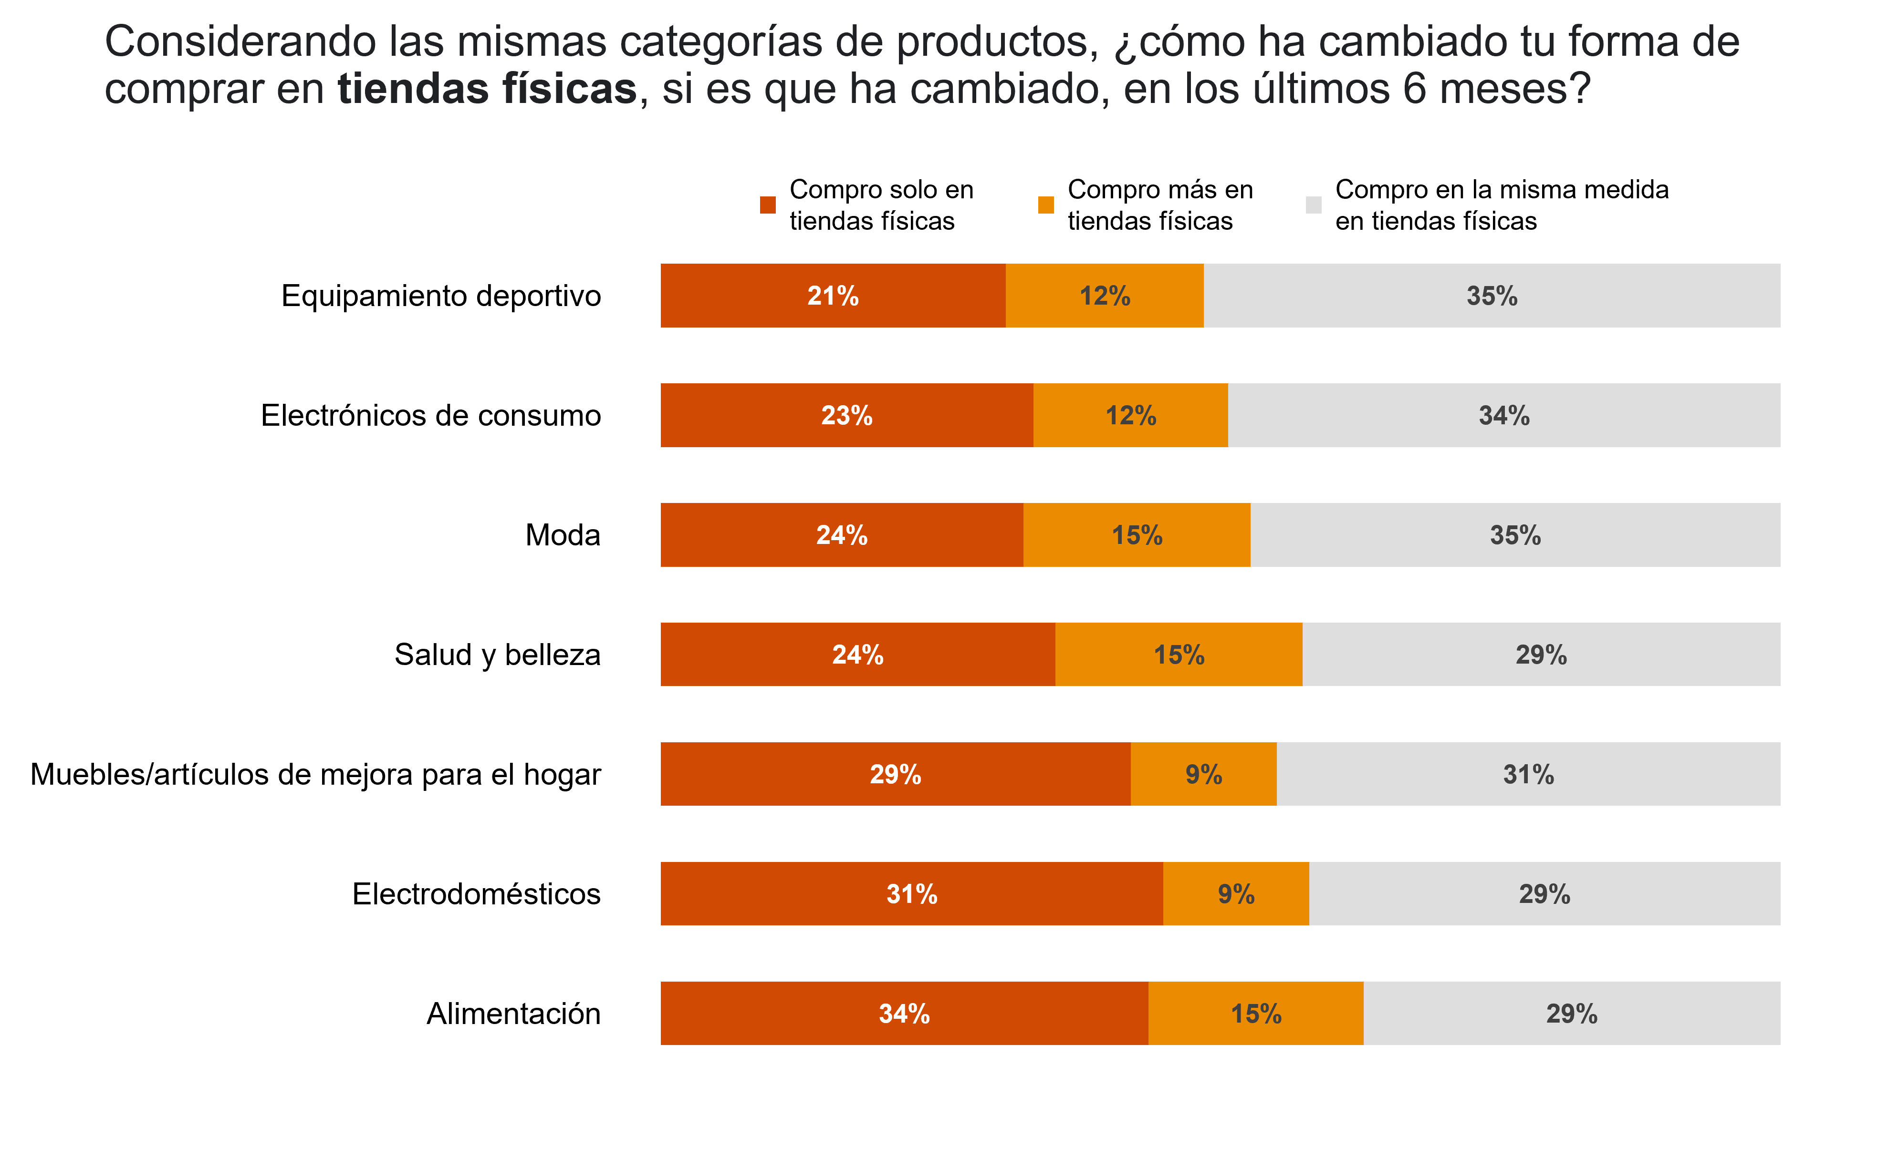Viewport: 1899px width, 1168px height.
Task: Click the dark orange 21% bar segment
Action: [x=833, y=296]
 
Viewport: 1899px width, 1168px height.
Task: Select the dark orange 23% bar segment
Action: [x=846, y=416]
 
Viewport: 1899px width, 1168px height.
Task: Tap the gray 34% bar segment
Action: [x=1503, y=416]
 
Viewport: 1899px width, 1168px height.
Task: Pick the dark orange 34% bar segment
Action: [x=904, y=1014]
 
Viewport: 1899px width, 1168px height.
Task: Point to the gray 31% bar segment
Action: [x=1528, y=774]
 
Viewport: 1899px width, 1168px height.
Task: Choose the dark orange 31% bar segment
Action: [x=911, y=894]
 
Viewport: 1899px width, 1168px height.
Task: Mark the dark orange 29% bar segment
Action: [x=895, y=774]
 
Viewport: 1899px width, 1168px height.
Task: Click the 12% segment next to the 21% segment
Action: [x=1105, y=296]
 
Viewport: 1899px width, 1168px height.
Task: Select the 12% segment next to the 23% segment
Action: [x=1130, y=416]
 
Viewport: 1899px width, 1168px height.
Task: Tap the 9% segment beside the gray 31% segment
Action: [x=1203, y=774]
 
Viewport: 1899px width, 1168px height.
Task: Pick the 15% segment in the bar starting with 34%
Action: [x=1255, y=1014]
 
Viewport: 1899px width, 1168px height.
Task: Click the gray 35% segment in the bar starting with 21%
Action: [x=1492, y=296]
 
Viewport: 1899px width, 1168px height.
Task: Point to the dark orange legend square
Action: [x=768, y=205]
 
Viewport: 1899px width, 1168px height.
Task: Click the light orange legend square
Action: [x=1046, y=205]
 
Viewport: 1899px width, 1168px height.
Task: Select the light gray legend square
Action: [x=1313, y=205]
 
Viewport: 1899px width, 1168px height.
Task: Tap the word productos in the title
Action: [x=997, y=42]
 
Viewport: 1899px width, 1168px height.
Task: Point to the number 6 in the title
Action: [x=1414, y=89]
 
